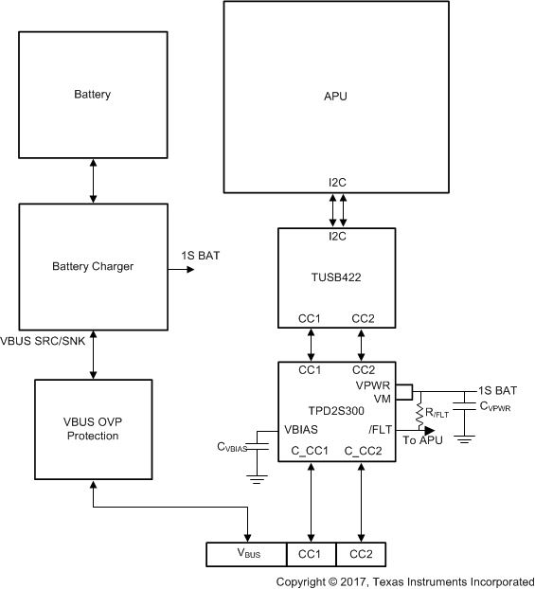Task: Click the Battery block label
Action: pos(93,95)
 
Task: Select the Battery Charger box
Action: pos(93,266)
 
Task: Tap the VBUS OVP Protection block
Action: pos(93,429)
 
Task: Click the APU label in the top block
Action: pos(336,96)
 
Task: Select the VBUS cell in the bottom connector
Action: pos(247,552)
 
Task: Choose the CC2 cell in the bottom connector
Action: pos(361,552)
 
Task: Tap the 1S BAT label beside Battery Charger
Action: pos(202,257)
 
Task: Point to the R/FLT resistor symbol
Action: pos(419,411)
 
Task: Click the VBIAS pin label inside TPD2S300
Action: pos(301,428)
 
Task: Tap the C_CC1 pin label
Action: pos(309,452)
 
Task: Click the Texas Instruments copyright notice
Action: pos(404,580)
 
